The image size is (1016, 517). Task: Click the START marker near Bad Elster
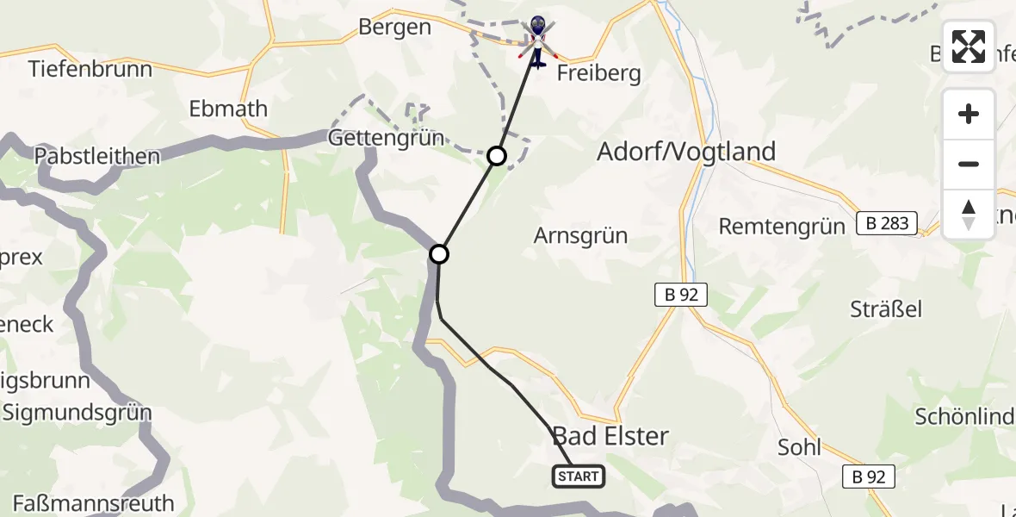coord(578,476)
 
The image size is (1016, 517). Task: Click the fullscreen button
coord(969,47)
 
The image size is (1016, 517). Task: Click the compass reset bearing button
coord(969,215)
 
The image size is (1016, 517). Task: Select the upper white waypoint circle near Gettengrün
coord(497,156)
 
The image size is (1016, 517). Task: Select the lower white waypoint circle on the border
coord(439,254)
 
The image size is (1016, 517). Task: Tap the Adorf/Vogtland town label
coord(686,152)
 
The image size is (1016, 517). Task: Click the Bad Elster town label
coord(610,436)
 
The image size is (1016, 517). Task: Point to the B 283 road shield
coord(887,224)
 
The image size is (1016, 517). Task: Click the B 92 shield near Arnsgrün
coord(680,296)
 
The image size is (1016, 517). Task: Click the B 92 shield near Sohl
coord(869,476)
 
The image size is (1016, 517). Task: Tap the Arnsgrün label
coord(580,235)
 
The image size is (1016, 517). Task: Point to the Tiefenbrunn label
coord(90,69)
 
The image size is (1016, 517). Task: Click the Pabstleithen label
coord(97,157)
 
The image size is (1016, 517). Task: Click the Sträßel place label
coord(886,308)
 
